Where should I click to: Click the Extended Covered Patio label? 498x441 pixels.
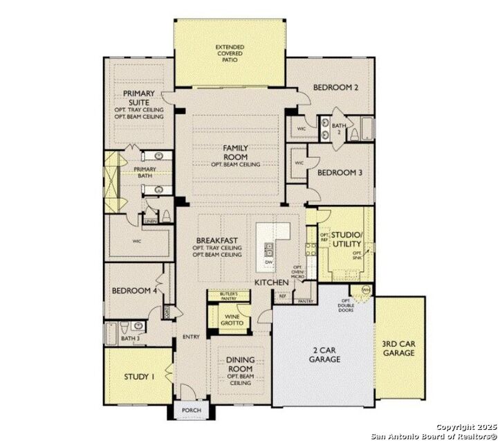click(230, 53)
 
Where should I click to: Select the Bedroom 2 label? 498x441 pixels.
click(335, 88)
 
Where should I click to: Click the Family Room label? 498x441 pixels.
click(235, 152)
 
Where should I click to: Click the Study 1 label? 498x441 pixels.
click(139, 377)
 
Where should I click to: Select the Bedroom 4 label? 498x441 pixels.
click(135, 290)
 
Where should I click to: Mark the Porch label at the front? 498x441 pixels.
click(191, 411)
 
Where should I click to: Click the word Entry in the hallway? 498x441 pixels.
click(191, 337)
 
